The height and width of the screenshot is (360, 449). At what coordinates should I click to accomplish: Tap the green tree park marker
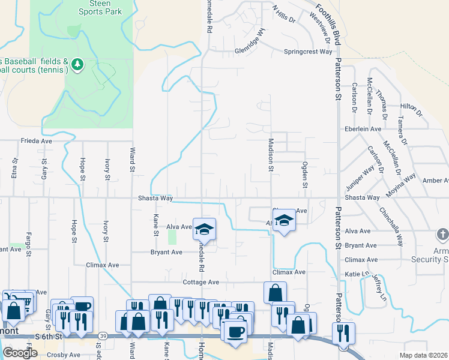pos(77,64)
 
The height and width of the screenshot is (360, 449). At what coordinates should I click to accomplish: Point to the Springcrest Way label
pos(308,52)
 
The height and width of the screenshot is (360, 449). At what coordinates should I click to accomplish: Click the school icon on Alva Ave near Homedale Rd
pos(204,229)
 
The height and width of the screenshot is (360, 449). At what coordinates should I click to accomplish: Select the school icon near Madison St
pos(285,221)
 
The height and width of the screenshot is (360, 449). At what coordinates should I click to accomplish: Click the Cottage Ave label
pos(201,282)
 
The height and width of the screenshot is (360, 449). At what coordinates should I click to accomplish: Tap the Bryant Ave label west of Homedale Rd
pos(166,253)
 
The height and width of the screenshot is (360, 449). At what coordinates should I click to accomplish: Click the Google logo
pos(20,353)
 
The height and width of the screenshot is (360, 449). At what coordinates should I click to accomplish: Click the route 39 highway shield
pos(103,336)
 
